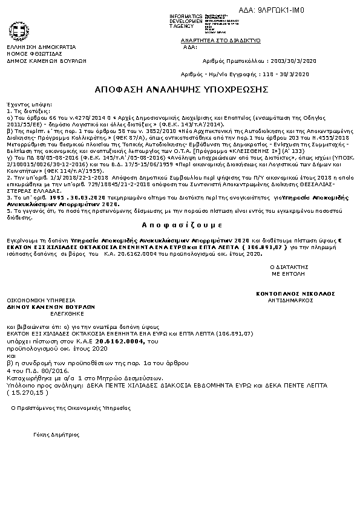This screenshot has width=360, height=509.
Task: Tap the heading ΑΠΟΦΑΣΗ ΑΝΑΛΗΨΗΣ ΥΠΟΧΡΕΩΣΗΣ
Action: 181,89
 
